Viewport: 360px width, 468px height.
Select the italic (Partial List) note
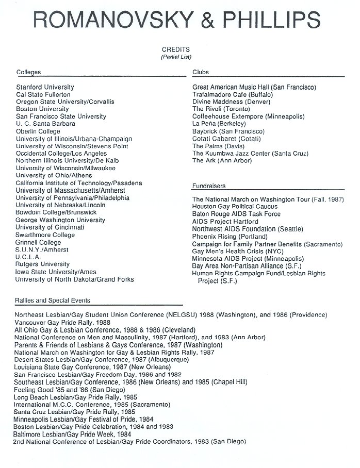[176, 56]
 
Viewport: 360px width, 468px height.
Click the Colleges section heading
[28, 72]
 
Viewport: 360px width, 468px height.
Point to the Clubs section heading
[201, 72]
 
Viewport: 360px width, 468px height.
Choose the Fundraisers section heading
[209, 186]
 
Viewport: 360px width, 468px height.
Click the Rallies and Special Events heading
[53, 300]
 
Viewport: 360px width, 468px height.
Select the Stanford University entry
[45, 87]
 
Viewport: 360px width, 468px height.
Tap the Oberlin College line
[38, 131]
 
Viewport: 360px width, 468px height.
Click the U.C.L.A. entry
[28, 257]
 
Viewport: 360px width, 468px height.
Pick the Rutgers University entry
[42, 264]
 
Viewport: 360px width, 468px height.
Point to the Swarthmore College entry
[45, 235]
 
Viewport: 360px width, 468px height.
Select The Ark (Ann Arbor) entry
[222, 161]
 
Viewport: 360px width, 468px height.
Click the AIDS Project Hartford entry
[225, 221]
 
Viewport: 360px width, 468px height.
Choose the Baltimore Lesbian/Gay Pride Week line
[72, 434]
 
